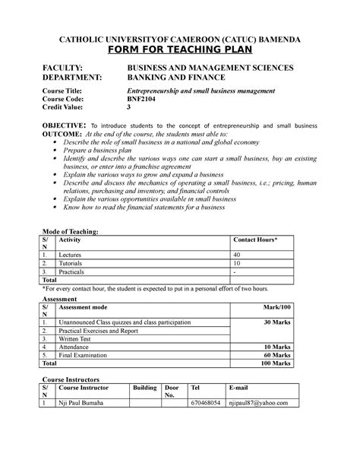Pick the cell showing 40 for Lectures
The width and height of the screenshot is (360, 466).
[237, 254]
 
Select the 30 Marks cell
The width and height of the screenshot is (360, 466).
[275, 322]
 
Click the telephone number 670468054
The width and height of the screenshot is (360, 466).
[206, 403]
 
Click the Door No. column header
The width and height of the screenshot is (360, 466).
[172, 391]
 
